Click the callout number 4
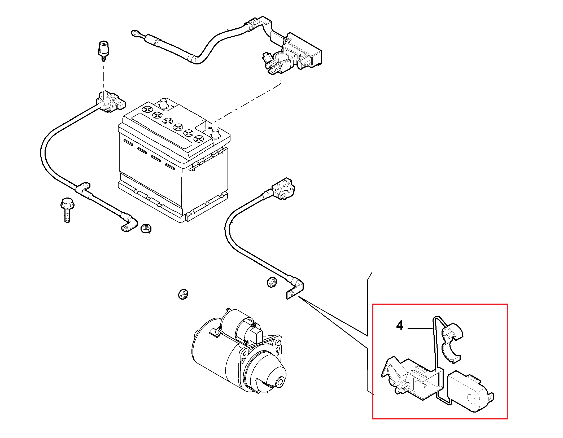(x=400, y=326)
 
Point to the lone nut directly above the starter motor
(x=183, y=294)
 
